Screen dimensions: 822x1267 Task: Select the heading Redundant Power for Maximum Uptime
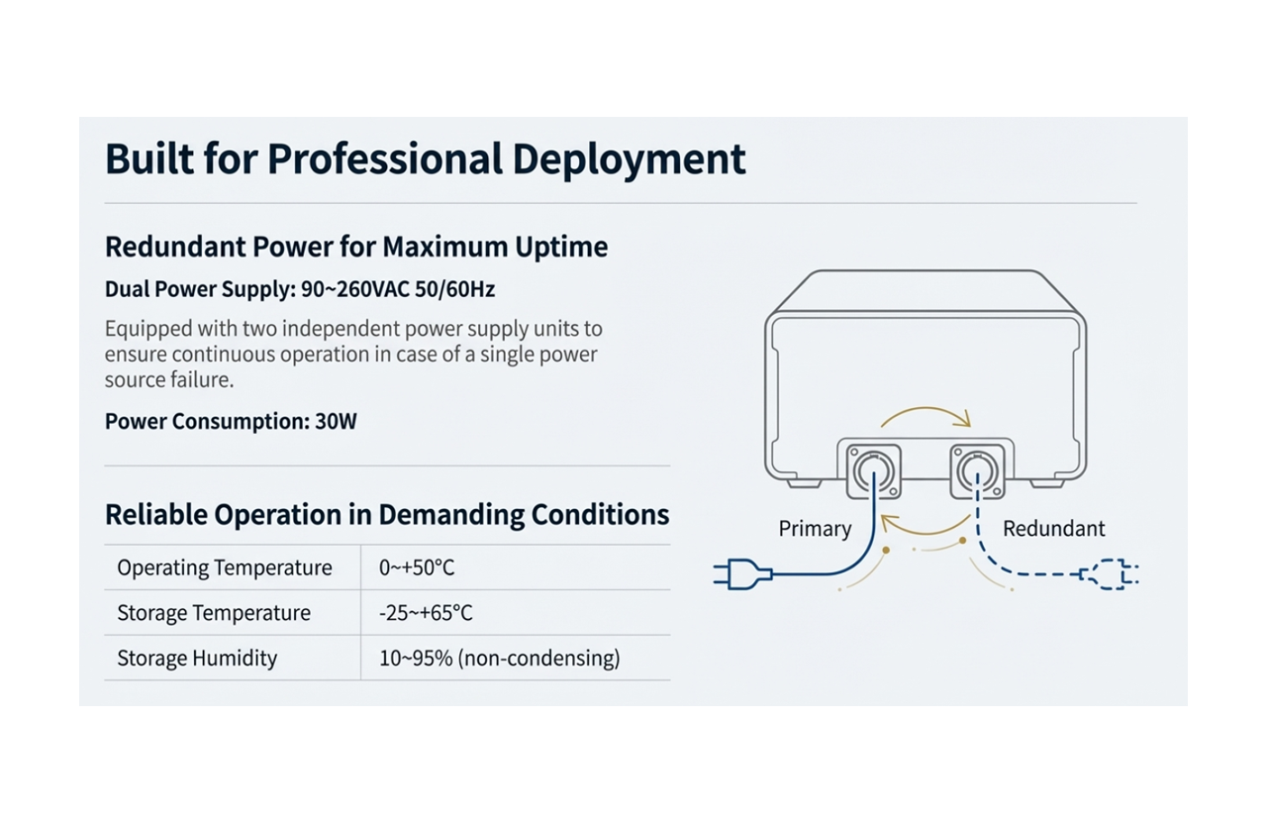click(x=356, y=247)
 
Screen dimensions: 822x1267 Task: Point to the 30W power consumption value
click(x=336, y=421)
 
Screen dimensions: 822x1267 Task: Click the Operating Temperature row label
click(x=225, y=567)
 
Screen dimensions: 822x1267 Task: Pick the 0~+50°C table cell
click(x=417, y=567)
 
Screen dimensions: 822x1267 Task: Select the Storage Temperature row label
click(x=214, y=613)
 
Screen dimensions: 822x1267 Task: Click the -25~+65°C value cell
click(x=426, y=613)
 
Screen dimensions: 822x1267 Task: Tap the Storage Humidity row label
click(x=197, y=659)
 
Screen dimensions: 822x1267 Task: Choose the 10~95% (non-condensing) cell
click(x=499, y=659)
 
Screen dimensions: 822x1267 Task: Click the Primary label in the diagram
click(x=815, y=529)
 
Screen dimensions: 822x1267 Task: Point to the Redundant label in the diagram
click(x=1053, y=529)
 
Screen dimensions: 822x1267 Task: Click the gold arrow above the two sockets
click(x=926, y=414)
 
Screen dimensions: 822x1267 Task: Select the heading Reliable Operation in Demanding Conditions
click(x=387, y=515)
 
